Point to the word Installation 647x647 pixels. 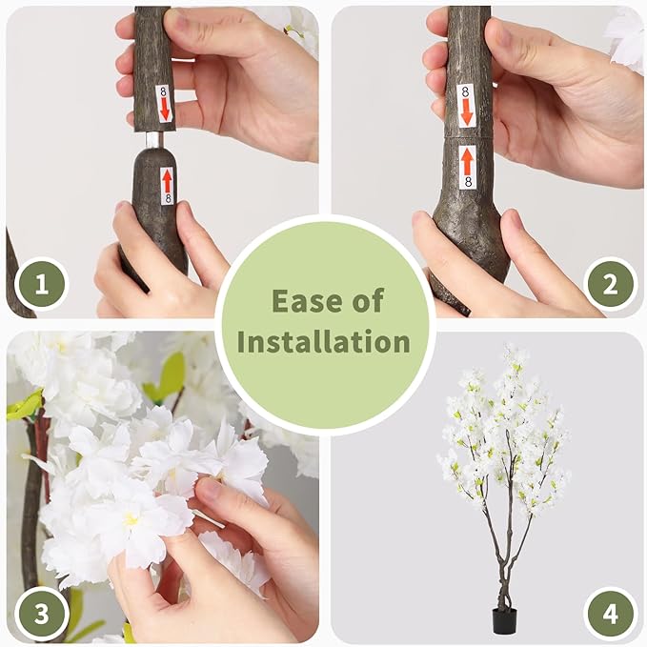(x=324, y=342)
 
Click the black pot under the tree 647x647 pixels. (x=502, y=620)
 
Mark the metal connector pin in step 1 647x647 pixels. (x=154, y=139)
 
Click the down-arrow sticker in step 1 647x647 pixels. (x=164, y=104)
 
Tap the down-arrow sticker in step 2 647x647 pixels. (x=466, y=105)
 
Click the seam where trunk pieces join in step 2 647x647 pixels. (x=467, y=138)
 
